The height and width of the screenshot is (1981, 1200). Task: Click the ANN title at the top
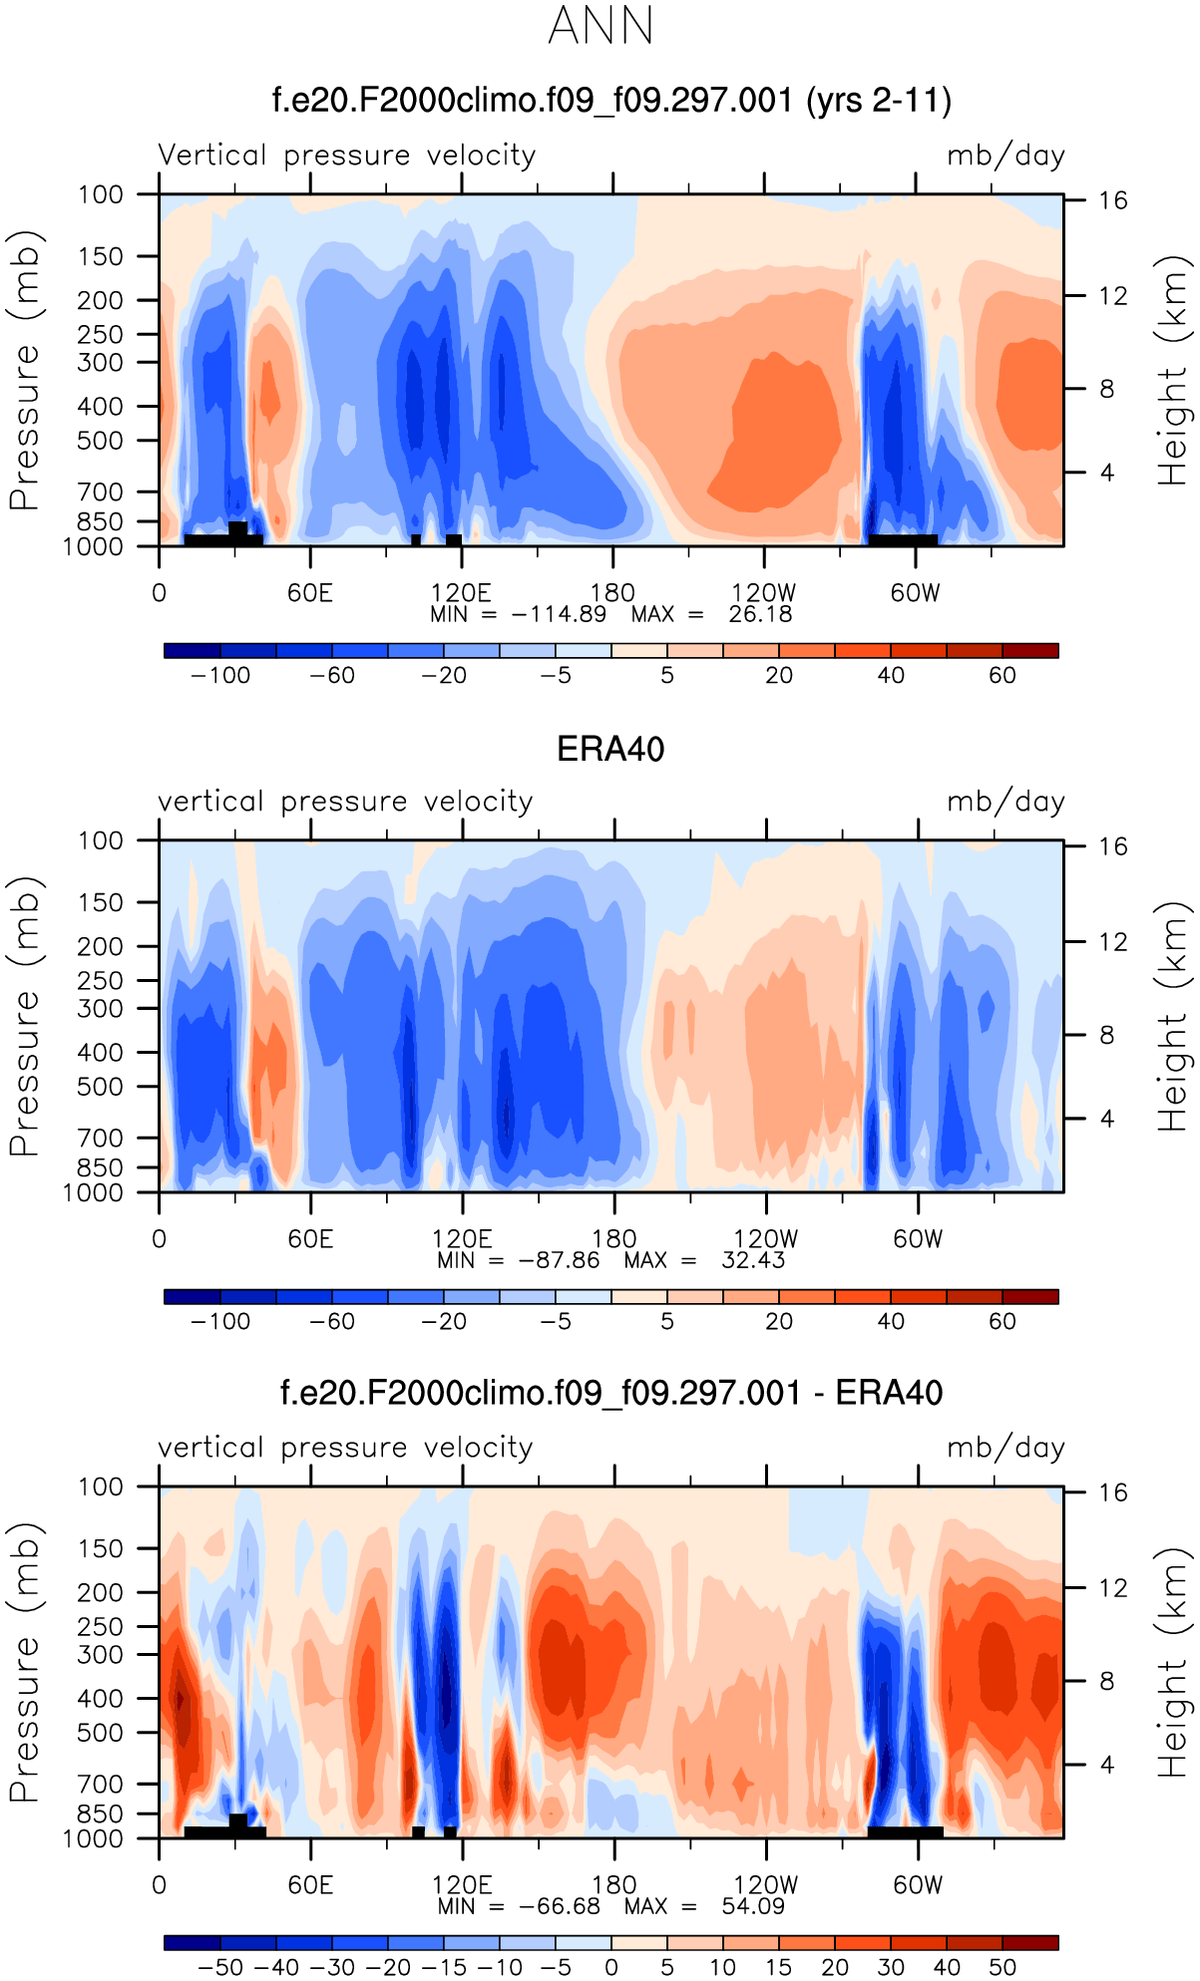600,26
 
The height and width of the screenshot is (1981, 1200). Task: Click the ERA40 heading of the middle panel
610,749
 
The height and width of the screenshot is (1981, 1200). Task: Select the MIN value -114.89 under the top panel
559,614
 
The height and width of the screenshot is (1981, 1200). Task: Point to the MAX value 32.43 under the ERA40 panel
753,1260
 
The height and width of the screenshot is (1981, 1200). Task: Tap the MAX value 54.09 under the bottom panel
753,1906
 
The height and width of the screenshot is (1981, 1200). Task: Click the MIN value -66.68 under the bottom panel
559,1906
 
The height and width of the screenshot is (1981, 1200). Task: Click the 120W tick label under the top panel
764,593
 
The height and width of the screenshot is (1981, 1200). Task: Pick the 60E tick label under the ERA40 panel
310,1239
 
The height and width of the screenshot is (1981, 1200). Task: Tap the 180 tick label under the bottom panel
613,1885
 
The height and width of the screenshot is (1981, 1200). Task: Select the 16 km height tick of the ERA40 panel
1113,846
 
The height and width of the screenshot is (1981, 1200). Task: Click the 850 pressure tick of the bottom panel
101,1814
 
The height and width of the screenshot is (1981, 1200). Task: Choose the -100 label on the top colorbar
220,675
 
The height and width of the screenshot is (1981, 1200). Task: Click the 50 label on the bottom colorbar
1002,1967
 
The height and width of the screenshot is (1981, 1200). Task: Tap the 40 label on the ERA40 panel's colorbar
891,1321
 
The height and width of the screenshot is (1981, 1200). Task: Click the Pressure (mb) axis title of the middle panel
24,1016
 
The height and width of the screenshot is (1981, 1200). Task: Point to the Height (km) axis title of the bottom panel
1173,1662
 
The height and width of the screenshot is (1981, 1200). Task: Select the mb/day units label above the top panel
1005,156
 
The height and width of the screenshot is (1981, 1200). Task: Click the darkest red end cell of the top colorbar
1030,651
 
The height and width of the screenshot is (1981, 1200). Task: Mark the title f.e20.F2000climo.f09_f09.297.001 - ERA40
610,1393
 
